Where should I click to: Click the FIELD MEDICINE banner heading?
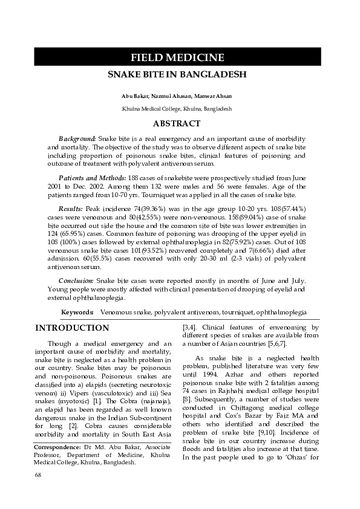tap(177, 58)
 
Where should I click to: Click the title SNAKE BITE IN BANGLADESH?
tap(177, 77)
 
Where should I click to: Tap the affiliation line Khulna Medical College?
tap(177, 109)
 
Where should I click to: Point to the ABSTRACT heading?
tap(177, 124)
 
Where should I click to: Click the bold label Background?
tap(77, 138)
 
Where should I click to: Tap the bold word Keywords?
tap(77, 313)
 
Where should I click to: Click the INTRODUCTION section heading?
tap(72, 328)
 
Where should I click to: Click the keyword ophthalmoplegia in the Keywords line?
tap(281, 313)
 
